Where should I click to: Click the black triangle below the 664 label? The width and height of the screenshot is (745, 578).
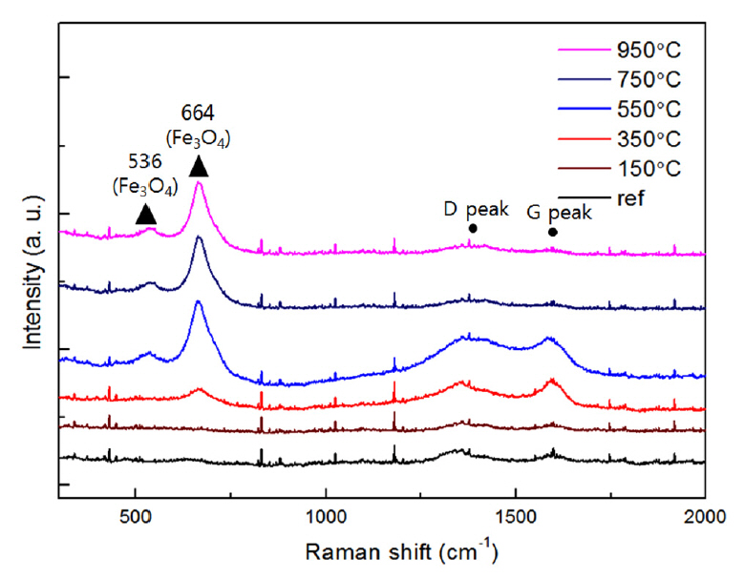click(x=199, y=167)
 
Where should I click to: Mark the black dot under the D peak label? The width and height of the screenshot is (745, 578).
click(x=473, y=228)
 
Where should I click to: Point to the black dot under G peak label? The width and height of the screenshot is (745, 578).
click(x=553, y=232)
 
